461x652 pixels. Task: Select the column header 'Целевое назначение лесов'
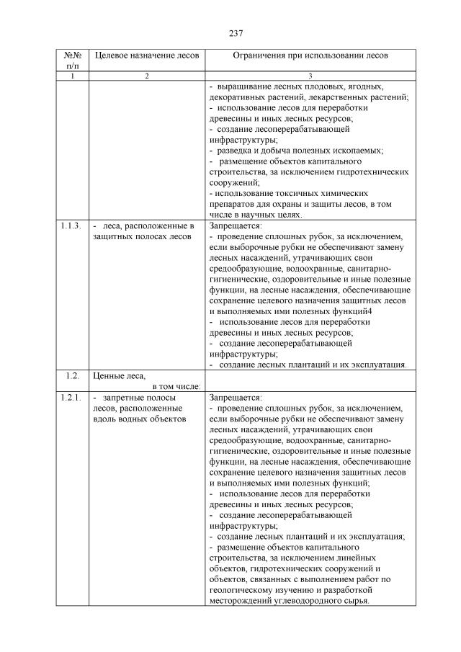click(146, 55)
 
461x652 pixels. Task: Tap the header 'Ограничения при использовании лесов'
click(310, 55)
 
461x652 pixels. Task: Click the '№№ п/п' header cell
click(72, 60)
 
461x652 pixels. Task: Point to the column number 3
click(310, 76)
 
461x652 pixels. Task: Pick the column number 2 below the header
click(146, 76)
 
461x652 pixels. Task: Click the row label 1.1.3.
click(71, 225)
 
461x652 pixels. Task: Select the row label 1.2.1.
click(71, 397)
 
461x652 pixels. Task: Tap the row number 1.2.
click(71, 375)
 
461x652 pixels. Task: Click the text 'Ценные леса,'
click(120, 375)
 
